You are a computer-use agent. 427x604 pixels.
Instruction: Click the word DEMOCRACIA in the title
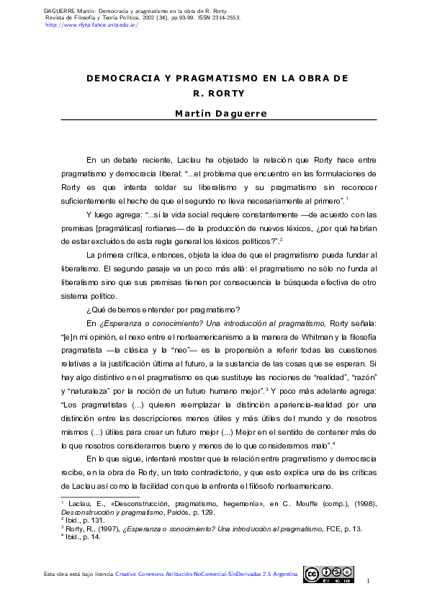(x=119, y=77)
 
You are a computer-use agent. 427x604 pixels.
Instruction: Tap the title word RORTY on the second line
(x=225, y=93)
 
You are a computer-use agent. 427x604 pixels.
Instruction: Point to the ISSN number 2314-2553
(x=241, y=18)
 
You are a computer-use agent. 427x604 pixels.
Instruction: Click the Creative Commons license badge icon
(x=328, y=574)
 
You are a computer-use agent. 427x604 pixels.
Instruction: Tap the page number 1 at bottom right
(x=368, y=581)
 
